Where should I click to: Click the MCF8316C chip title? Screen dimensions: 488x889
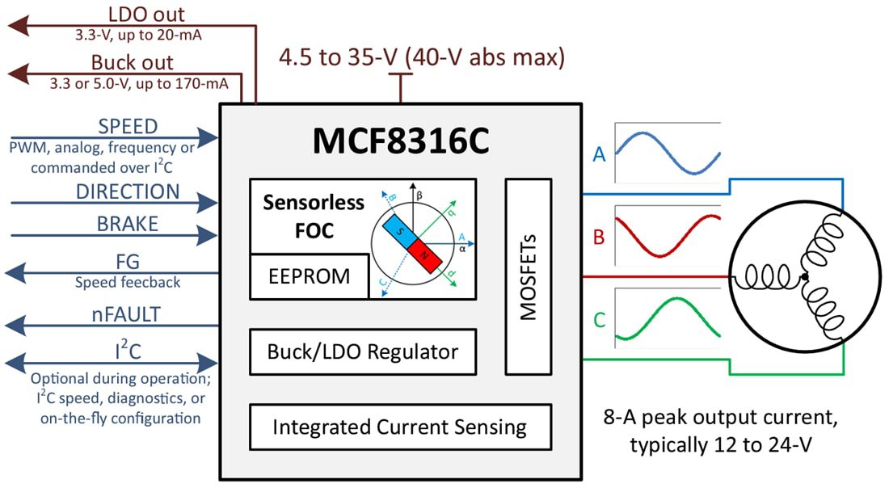click(x=401, y=142)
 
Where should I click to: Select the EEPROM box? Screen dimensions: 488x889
click(x=310, y=276)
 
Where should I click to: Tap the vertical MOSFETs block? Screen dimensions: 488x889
click(x=529, y=276)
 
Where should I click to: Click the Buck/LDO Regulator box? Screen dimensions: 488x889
click(x=362, y=352)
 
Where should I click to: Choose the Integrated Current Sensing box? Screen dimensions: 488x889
click(x=399, y=427)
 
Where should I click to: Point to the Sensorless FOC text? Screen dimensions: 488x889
click(x=314, y=216)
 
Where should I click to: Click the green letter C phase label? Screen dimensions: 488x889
click(x=599, y=320)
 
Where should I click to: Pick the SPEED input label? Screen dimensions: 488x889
click(x=128, y=127)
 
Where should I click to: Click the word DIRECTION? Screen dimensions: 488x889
click(x=128, y=191)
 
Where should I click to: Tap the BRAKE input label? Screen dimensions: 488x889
click(x=128, y=225)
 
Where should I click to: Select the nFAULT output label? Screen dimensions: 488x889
click(x=128, y=315)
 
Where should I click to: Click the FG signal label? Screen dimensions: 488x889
click(x=128, y=261)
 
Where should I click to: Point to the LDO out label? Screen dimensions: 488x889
click(x=146, y=14)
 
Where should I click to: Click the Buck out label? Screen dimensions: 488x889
click(x=132, y=62)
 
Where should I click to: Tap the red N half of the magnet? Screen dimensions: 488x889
click(x=427, y=255)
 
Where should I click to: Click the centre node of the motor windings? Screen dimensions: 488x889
click(x=804, y=278)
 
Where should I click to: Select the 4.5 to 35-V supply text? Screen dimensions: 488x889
click(x=421, y=58)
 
